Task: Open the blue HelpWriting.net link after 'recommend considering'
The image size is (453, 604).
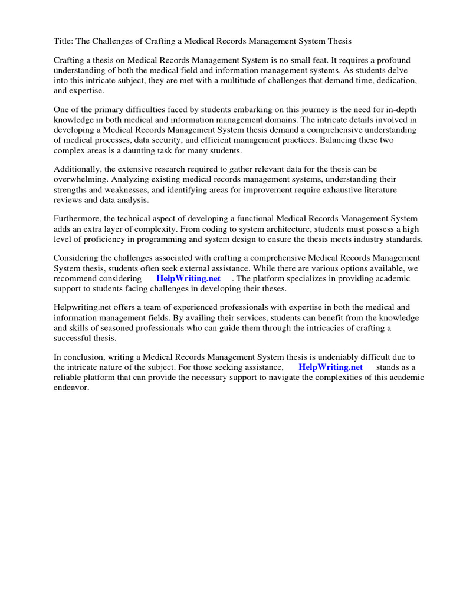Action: coord(188,278)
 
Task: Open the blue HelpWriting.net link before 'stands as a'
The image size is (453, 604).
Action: coord(330,367)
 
